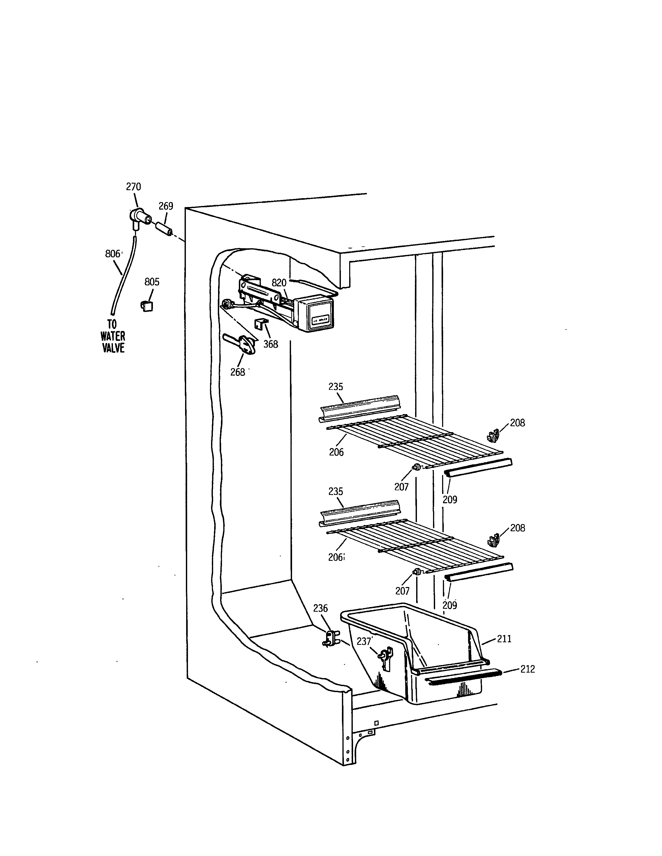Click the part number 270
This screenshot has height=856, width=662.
click(x=133, y=187)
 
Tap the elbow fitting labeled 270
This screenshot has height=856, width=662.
click(x=138, y=218)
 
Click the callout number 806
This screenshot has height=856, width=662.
click(x=113, y=254)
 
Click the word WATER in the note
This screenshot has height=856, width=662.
click(x=113, y=336)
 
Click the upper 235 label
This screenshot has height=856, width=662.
click(x=336, y=387)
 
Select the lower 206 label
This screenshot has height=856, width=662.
click(x=336, y=557)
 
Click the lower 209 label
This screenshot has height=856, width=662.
click(x=450, y=605)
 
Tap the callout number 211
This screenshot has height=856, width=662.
click(x=504, y=639)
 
